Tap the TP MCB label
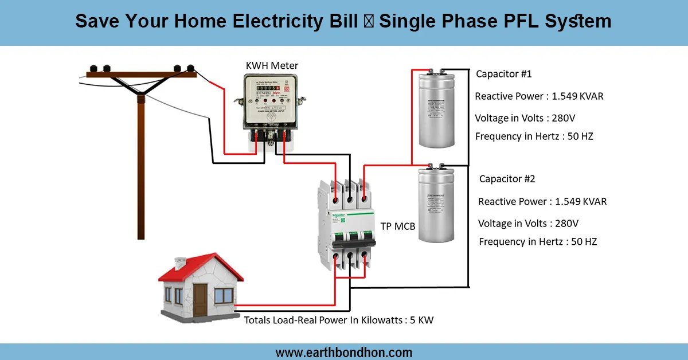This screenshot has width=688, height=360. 398,226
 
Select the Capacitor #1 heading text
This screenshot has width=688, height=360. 504,74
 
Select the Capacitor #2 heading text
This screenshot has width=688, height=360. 507,179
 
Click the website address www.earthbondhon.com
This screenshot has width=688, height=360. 344,352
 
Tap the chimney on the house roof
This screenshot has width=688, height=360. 179,264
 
